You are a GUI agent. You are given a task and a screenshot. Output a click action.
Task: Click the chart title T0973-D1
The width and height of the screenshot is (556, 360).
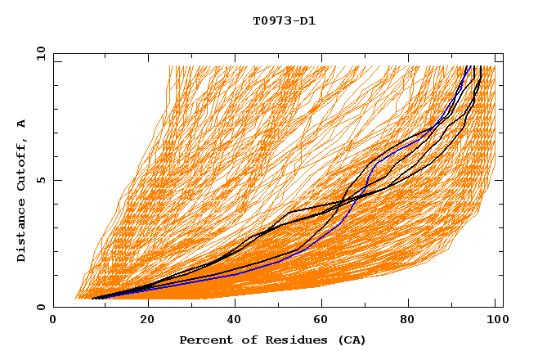(284, 20)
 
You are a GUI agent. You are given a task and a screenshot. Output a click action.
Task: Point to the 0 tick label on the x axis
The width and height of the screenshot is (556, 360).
(53, 322)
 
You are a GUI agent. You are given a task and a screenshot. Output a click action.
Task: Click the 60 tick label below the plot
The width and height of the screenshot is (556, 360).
(323, 322)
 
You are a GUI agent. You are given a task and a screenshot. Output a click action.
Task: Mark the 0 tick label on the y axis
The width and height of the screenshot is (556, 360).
(40, 308)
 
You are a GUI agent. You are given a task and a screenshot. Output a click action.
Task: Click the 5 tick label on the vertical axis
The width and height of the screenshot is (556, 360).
(40, 180)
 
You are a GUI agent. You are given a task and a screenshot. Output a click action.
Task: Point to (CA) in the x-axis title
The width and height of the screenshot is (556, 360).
(351, 340)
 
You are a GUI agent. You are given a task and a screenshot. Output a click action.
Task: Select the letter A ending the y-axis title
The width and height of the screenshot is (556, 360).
(22, 124)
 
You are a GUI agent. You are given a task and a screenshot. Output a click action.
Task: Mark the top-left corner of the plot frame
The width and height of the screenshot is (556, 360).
(53, 53)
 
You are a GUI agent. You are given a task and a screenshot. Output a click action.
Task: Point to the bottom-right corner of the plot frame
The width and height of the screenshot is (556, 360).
(503, 308)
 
